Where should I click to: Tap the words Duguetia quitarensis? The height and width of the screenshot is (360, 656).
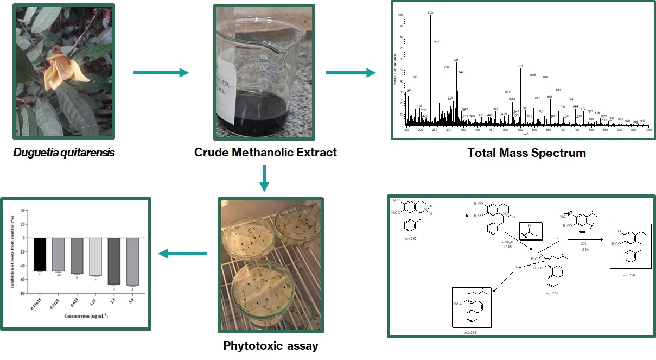coord(64,153)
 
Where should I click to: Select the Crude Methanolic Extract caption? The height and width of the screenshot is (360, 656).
coord(265,153)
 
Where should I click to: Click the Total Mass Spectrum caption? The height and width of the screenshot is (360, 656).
coord(526,153)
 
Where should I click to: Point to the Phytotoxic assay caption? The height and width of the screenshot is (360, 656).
coord(263,346)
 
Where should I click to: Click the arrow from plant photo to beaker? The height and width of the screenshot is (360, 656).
coord(161,72)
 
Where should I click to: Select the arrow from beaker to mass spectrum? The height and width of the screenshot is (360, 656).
coord(351,72)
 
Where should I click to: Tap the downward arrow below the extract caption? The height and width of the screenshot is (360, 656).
coord(264,178)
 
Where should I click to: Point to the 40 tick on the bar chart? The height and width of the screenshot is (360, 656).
coord(23,210)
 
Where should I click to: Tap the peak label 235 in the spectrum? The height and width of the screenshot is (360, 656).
coord(430,12)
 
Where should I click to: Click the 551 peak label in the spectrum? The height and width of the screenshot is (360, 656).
coord(520,66)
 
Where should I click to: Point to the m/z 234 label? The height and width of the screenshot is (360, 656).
coord(471,324)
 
